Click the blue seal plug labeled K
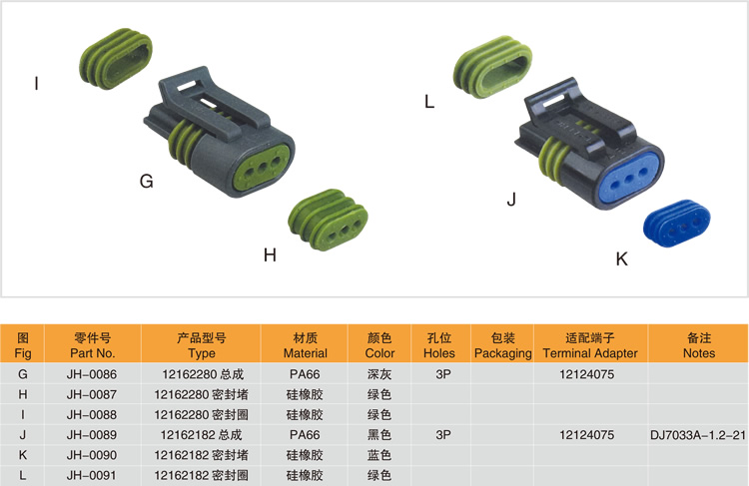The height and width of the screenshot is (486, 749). click(x=676, y=224)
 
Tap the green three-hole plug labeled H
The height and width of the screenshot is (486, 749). click(x=328, y=220)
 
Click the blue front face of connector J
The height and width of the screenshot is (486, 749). click(x=627, y=180)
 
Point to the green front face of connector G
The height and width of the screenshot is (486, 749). click(x=261, y=168)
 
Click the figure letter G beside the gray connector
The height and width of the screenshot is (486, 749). click(x=146, y=181)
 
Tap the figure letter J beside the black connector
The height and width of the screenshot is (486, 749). click(x=511, y=199)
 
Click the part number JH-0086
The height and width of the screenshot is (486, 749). click(x=92, y=374)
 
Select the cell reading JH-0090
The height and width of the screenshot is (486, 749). click(x=92, y=455)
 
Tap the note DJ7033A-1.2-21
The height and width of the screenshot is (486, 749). click(x=698, y=435)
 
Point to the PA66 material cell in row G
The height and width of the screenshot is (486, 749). click(x=305, y=374)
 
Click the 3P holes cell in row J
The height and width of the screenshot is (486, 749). click(x=443, y=435)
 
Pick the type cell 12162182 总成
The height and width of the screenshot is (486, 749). click(x=201, y=435)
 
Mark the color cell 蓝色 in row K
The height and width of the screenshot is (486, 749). click(x=379, y=455)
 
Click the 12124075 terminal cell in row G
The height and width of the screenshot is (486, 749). click(x=587, y=374)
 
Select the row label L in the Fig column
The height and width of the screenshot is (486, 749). click(x=22, y=475)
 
